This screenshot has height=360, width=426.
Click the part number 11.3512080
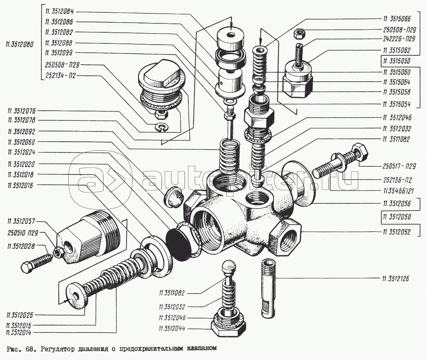[19, 45]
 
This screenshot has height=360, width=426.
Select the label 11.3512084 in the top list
[60, 11]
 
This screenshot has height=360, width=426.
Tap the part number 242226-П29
[399, 39]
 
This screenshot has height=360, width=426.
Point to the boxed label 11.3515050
[397, 61]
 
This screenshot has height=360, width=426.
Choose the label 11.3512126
[396, 279]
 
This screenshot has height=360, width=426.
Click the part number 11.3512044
[172, 329]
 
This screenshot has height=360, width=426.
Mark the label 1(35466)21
[398, 191]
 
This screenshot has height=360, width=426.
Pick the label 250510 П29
[23, 233]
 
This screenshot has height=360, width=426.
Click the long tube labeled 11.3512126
[268, 288]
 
